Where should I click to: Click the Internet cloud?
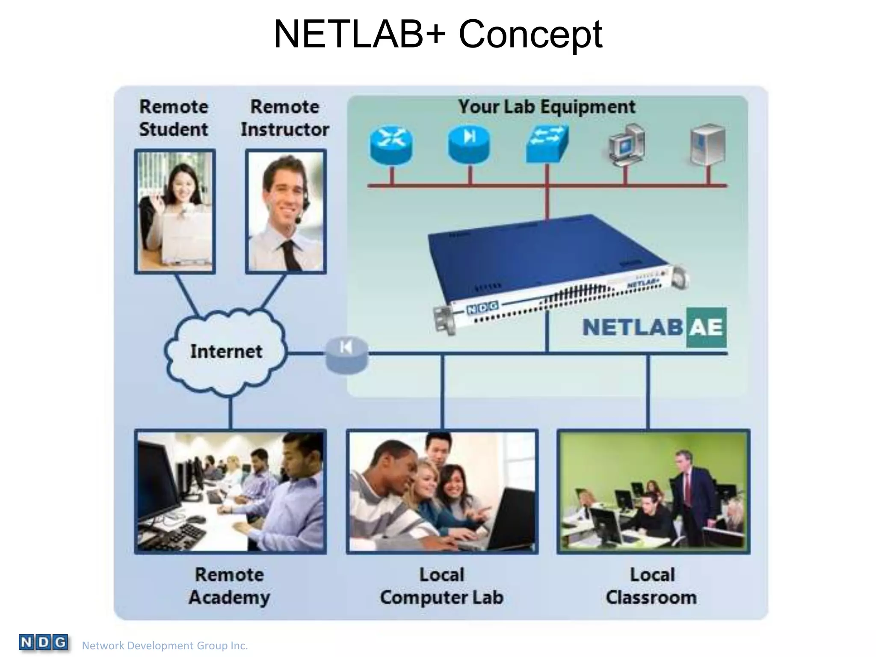[x=226, y=352]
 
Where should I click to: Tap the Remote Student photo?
[x=175, y=211]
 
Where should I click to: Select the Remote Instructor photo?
[x=286, y=211]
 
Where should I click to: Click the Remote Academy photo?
[x=231, y=492]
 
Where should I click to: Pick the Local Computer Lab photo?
[x=442, y=492]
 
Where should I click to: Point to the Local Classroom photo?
[x=653, y=492]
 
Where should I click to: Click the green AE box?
[x=706, y=327]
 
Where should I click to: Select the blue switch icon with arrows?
[x=547, y=143]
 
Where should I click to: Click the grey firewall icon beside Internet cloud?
[x=347, y=355]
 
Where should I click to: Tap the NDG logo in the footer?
[x=43, y=642]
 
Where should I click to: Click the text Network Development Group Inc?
[x=165, y=645]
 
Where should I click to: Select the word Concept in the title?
[x=530, y=34]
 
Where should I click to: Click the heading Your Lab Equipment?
[x=547, y=107]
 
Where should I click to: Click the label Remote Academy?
[x=230, y=586]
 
